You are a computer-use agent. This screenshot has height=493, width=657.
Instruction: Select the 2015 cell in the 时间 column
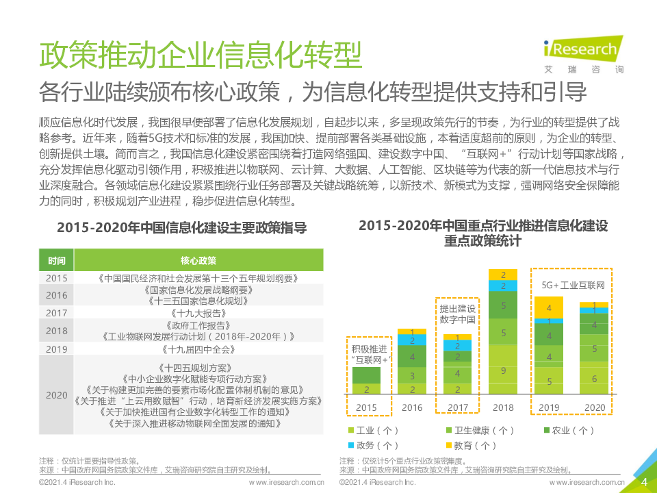[x=57, y=278]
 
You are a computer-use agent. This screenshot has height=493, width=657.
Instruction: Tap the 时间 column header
[x=57, y=260]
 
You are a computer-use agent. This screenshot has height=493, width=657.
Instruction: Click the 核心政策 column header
[x=198, y=260]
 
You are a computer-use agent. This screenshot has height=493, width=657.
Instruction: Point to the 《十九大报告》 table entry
[x=198, y=312]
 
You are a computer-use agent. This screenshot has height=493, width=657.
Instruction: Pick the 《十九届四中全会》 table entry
[x=198, y=349]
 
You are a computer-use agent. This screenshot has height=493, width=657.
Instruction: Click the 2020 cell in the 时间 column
[x=57, y=395]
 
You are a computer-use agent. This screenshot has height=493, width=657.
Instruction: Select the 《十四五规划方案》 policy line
[x=198, y=368]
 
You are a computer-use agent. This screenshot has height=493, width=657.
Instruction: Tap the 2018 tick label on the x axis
[x=503, y=407]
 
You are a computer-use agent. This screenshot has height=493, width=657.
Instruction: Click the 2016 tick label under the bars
[x=412, y=407]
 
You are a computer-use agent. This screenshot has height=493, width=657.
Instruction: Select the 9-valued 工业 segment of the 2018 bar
[x=503, y=370]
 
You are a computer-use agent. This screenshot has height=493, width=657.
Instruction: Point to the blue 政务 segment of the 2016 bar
[x=412, y=340]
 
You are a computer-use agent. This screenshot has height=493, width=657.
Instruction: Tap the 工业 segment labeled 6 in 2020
[x=593, y=379]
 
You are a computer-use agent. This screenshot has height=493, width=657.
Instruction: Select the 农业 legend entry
[x=569, y=431]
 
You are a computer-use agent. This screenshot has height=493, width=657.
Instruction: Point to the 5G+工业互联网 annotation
[x=572, y=285]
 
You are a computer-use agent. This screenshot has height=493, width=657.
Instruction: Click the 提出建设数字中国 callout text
[x=457, y=314]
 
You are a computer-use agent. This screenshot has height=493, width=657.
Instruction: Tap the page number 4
[x=643, y=481]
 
